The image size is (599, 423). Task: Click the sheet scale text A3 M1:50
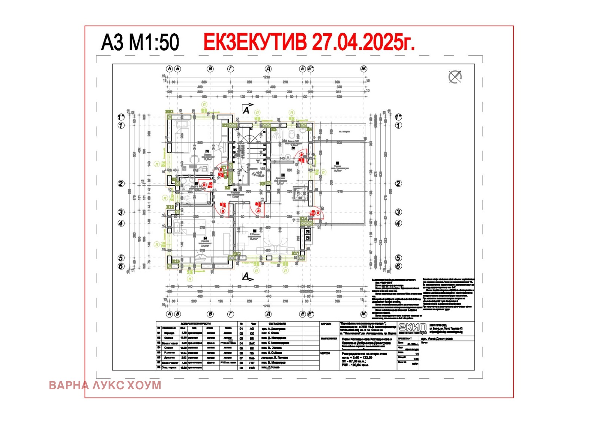pos(140,42)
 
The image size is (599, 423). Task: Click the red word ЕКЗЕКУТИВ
pos(255,42)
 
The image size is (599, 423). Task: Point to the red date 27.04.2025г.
pos(363,42)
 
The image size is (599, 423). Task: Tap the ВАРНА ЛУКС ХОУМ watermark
pos(105,385)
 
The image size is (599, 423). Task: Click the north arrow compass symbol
pos(455,77)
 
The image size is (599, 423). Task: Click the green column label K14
pos(304,219)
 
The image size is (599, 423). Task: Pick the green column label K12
pos(170,207)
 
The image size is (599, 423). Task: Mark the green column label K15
pos(175,261)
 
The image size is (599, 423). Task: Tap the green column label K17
pos(295,253)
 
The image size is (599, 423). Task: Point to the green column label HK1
pos(170,112)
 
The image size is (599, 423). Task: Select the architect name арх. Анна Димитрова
pos(437,338)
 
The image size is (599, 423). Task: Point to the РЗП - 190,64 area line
pos(355,365)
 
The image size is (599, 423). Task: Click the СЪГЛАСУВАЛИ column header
pos(277,323)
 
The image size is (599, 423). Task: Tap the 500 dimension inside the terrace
pos(331,182)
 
